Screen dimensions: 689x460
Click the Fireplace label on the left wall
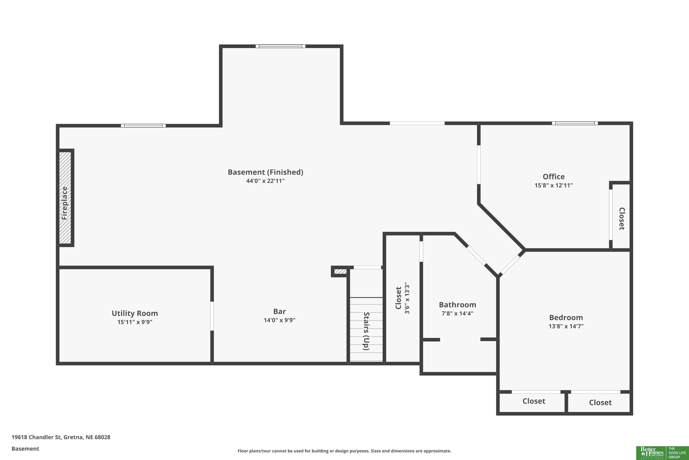[65, 203]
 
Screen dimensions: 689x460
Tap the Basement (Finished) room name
[265, 172]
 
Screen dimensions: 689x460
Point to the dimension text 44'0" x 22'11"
[265, 181]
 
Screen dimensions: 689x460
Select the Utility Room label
[135, 313]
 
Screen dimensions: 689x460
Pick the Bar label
[280, 311]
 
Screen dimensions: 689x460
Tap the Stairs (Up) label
[366, 331]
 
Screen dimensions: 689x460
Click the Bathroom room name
[457, 305]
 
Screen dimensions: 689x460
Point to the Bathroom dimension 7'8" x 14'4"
[457, 313]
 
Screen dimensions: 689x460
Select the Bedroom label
[566, 317]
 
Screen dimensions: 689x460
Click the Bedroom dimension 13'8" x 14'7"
[566, 326]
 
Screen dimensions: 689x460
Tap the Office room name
[554, 177]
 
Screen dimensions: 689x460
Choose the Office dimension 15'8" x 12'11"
[554, 185]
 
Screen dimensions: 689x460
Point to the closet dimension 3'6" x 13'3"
[407, 298]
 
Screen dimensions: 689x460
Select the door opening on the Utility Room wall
[212, 316]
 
